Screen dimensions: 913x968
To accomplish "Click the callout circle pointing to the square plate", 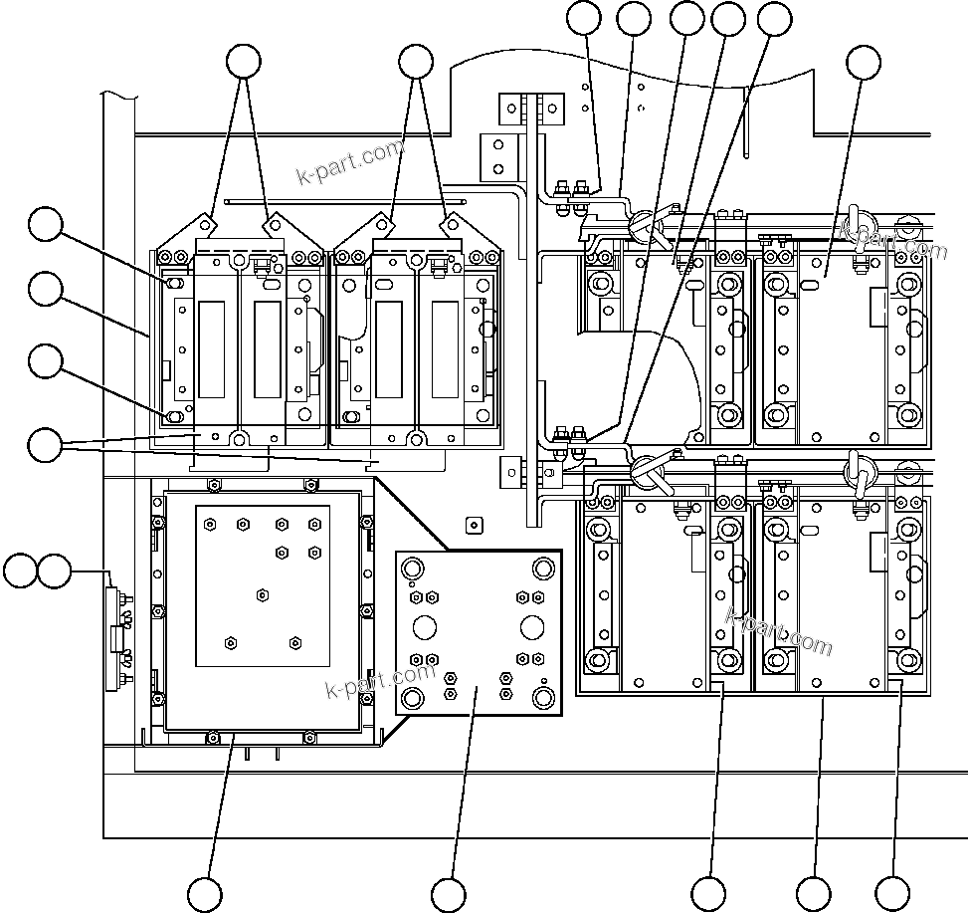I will pyautogui.click(x=449, y=894).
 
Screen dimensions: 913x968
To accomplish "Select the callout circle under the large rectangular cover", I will pyautogui.click(x=205, y=894).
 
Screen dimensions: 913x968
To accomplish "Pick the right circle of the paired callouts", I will pyautogui.click(x=54, y=571).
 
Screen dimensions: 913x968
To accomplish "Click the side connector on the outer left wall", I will pyautogui.click(x=118, y=638).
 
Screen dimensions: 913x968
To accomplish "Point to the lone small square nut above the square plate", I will pyautogui.click(x=473, y=523).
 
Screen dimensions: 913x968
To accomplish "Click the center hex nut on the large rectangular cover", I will pyautogui.click(x=262, y=594).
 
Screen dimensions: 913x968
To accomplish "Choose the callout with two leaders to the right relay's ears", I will pyautogui.click(x=416, y=61).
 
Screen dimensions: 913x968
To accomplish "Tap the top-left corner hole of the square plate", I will pyautogui.click(x=410, y=568).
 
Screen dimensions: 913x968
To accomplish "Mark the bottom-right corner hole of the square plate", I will pyautogui.click(x=544, y=696).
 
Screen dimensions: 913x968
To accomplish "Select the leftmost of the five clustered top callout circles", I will pyautogui.click(x=584, y=18).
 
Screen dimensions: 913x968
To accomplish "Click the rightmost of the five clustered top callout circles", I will pyautogui.click(x=775, y=18).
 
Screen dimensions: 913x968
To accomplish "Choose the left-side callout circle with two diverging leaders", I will pyautogui.click(x=45, y=445).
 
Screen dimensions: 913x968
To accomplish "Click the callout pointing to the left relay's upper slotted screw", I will pyautogui.click(x=45, y=224).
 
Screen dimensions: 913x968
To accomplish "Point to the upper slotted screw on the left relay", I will pyautogui.click(x=174, y=285).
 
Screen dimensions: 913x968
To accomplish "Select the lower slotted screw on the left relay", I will pyautogui.click(x=174, y=415).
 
